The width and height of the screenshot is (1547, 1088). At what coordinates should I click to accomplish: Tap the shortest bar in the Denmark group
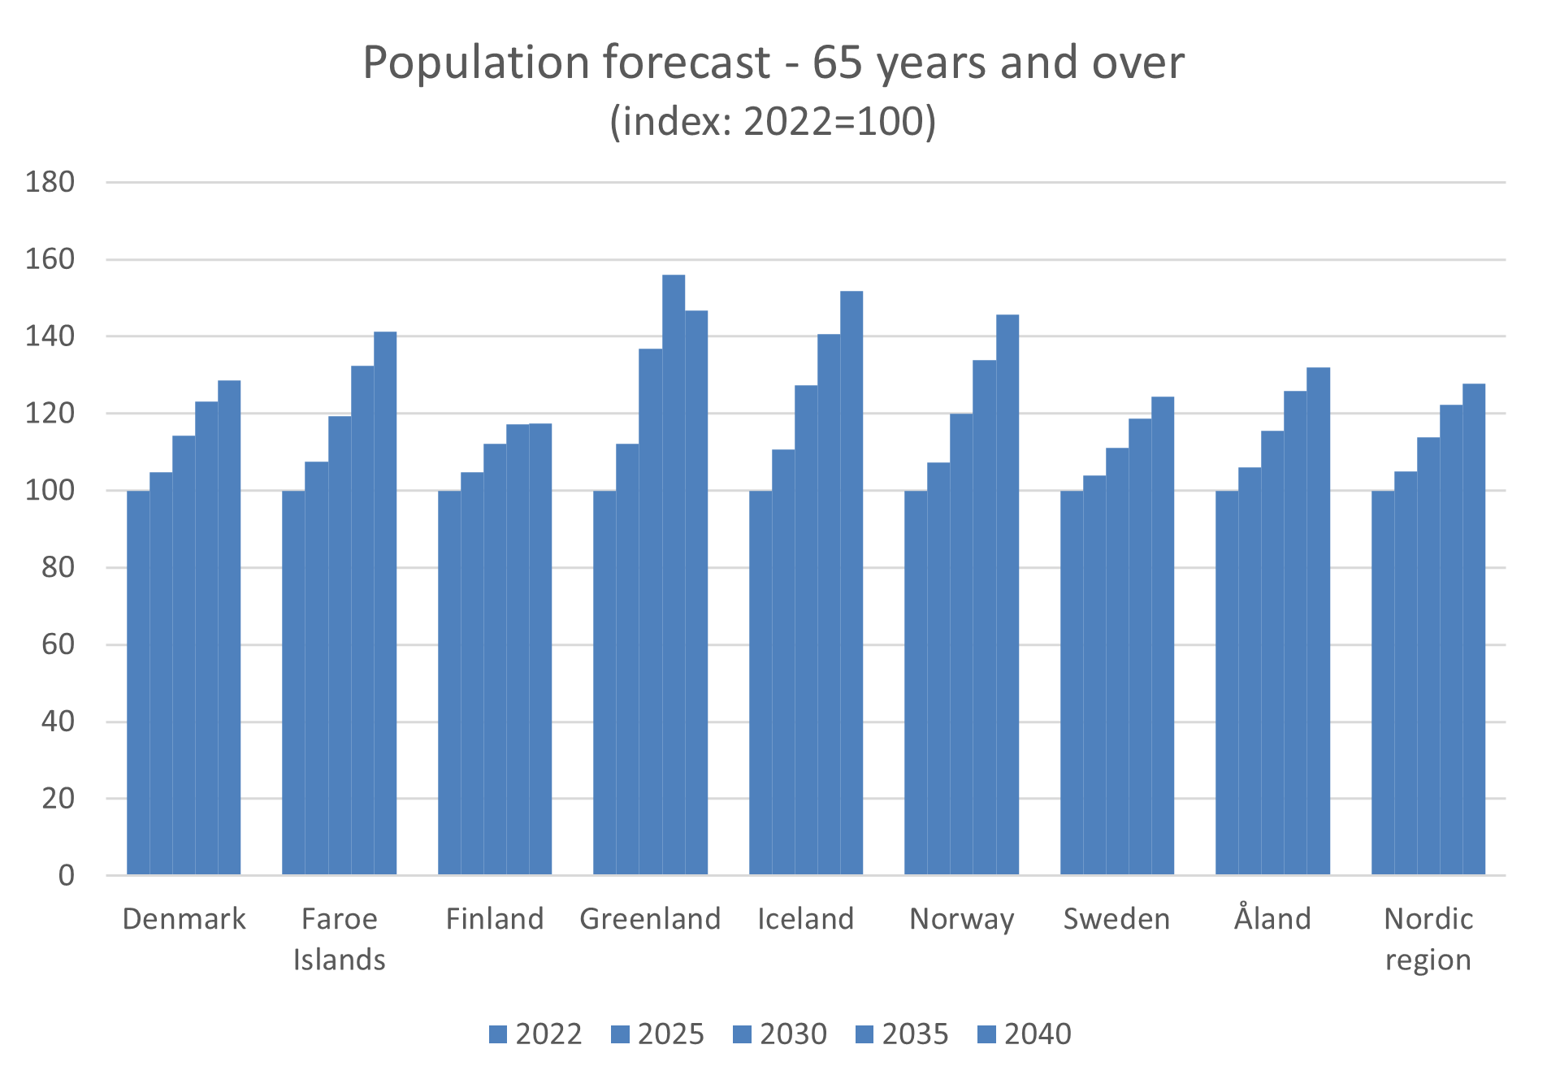[x=138, y=683]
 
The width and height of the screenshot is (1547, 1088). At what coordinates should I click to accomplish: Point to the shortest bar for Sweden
[x=1071, y=683]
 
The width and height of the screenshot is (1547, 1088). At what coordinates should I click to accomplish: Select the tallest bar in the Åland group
[x=1318, y=621]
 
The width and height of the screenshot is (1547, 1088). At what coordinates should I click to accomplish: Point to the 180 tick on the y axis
[x=50, y=182]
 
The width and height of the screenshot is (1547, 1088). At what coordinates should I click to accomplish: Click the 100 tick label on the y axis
[x=50, y=491]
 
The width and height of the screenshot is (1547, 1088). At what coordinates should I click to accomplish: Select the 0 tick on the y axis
[x=66, y=875]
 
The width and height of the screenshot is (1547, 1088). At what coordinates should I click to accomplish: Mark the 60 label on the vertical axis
[x=58, y=644]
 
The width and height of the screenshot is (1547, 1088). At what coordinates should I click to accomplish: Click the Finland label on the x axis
[x=495, y=919]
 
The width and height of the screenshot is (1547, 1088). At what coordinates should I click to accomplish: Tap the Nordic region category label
[x=1428, y=939]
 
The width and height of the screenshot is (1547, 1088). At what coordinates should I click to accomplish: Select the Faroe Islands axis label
[x=339, y=939]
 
